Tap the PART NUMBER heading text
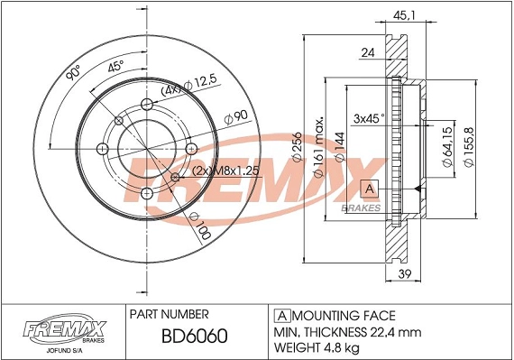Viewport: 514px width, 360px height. pyautogui.click(x=170, y=314)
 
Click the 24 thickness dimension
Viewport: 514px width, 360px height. pyautogui.click(x=367, y=53)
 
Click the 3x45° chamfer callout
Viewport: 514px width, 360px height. pyautogui.click(x=368, y=117)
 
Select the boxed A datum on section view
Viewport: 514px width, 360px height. pyautogui.click(x=369, y=189)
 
